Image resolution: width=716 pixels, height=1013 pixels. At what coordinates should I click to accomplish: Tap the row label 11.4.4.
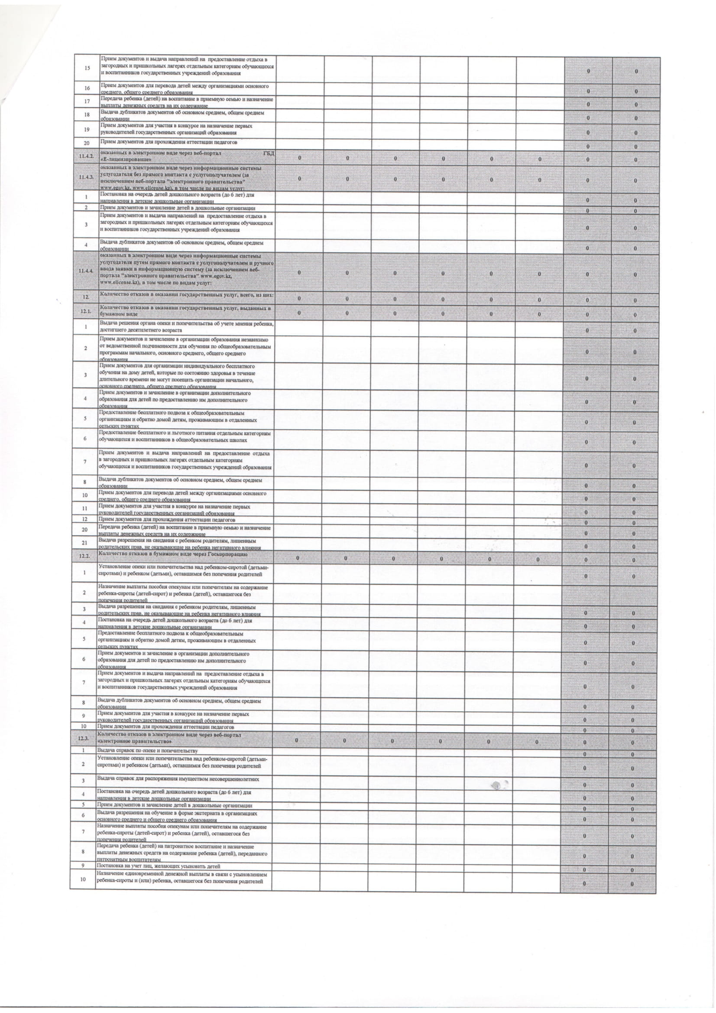point(85,271)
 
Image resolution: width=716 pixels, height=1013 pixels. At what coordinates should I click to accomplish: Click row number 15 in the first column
point(87,68)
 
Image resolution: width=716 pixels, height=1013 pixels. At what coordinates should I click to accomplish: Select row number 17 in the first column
point(87,102)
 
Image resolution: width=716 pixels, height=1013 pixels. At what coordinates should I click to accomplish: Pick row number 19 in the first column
point(87,129)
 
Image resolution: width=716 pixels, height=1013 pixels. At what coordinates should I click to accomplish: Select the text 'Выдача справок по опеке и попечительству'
point(147,750)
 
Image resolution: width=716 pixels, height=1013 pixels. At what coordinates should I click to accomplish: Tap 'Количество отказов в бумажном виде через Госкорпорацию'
point(172,554)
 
